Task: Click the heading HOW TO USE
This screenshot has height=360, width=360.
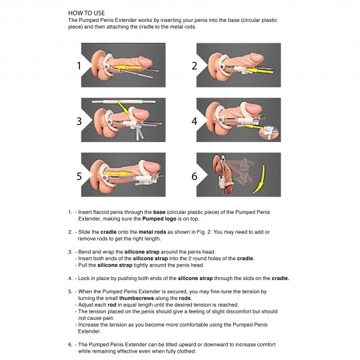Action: [86, 13]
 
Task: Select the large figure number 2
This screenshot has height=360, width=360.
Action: [194, 65]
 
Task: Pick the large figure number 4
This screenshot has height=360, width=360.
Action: [194, 121]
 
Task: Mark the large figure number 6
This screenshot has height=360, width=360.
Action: [194, 177]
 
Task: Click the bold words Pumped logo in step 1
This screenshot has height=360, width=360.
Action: [174, 217]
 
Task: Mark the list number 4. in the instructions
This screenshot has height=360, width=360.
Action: [70, 277]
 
